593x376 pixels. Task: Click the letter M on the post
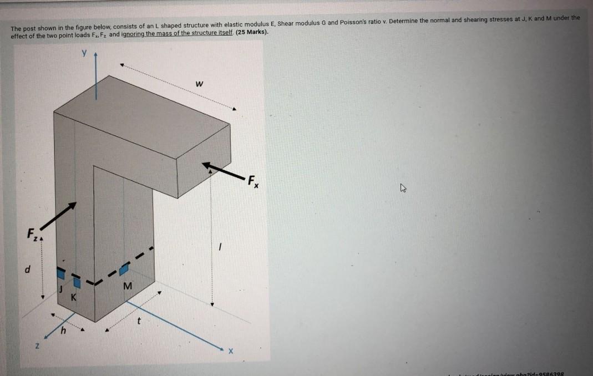point(128,286)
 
